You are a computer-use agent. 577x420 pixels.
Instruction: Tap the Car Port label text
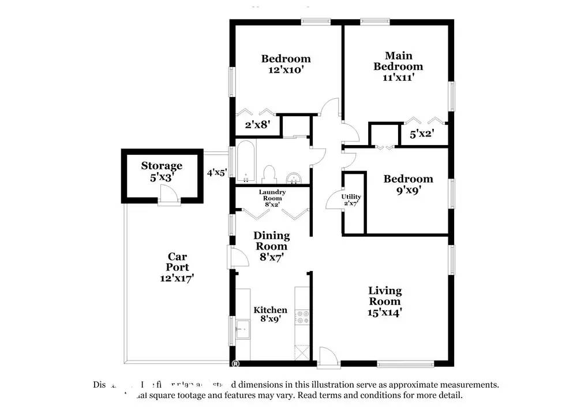(x=177, y=262)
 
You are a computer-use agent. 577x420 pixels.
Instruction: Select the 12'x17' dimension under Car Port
(x=177, y=278)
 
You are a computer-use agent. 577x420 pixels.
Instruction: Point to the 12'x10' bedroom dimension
(x=286, y=70)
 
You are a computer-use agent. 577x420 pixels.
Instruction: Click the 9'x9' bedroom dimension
(x=408, y=190)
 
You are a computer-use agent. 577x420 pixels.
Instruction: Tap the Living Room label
(x=385, y=296)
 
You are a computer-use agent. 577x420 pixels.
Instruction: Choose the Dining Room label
(x=272, y=241)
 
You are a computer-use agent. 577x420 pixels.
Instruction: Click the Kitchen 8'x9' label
(x=271, y=314)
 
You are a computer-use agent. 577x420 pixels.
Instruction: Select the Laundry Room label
(x=272, y=198)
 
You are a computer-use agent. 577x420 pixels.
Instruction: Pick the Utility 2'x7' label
(x=351, y=199)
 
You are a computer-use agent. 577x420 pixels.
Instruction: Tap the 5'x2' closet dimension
(x=421, y=135)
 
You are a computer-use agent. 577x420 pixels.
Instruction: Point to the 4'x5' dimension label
(x=218, y=172)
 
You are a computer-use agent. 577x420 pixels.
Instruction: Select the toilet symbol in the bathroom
(x=269, y=173)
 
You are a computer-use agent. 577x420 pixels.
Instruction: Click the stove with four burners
(x=303, y=317)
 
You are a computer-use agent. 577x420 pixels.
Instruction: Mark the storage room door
(x=168, y=198)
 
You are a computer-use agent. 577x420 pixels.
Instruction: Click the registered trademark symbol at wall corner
(x=235, y=363)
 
